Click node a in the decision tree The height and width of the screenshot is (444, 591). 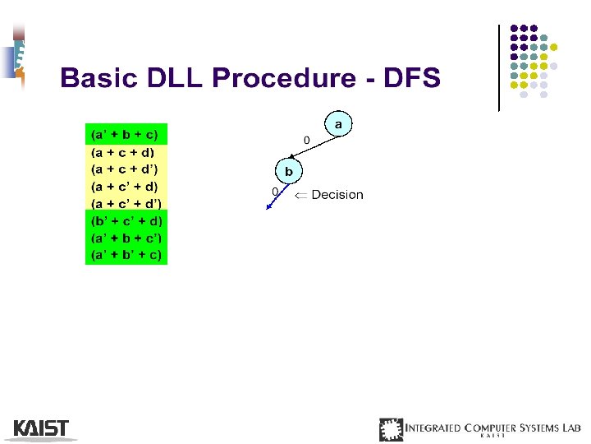338,124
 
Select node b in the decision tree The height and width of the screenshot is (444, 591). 288,172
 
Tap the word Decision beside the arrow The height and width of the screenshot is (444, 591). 337,195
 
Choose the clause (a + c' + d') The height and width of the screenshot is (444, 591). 126,203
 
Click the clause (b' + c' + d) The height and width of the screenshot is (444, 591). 126,220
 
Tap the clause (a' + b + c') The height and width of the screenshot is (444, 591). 126,238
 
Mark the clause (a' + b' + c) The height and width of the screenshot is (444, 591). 126,255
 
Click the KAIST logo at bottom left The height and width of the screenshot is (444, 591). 41,428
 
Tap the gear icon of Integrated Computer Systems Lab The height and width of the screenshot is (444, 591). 392,429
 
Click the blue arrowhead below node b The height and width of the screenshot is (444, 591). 268,207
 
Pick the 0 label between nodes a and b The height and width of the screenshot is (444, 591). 307,141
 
